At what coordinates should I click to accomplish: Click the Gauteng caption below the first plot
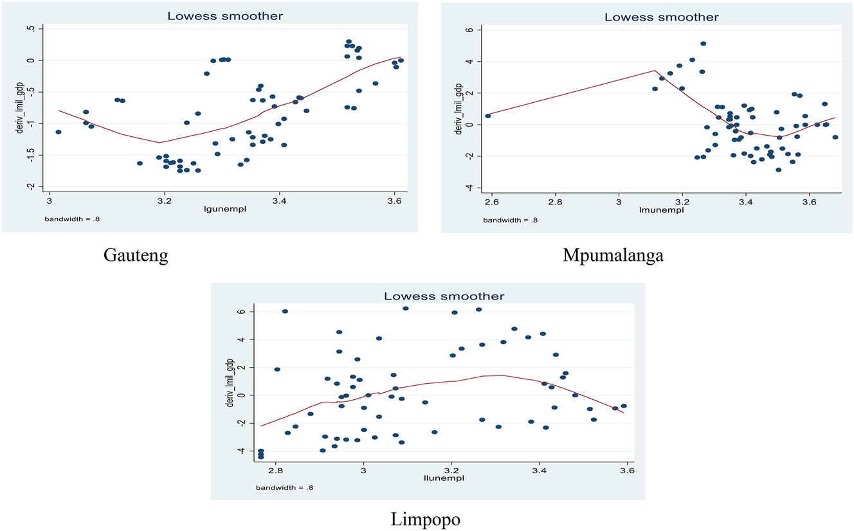[x=136, y=256]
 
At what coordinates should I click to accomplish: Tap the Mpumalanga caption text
[x=613, y=256]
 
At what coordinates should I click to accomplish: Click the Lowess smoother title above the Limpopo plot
[x=444, y=296]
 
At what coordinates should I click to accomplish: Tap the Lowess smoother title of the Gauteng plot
[x=225, y=16]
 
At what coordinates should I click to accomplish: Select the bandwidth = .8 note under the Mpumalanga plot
[x=511, y=220]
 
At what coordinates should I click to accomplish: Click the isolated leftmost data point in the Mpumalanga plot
[x=488, y=116]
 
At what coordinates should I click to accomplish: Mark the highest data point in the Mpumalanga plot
[x=703, y=44]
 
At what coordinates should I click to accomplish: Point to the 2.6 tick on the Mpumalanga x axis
[x=492, y=202]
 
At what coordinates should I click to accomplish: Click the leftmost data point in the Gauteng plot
[x=59, y=132]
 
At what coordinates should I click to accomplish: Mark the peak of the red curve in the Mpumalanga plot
[x=655, y=71]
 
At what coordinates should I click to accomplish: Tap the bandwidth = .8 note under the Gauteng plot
[x=72, y=219]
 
